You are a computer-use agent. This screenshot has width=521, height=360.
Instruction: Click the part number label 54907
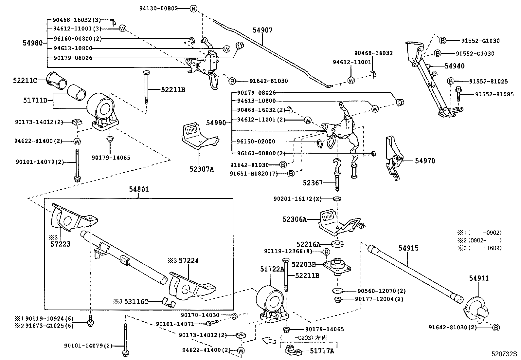[x=262, y=30]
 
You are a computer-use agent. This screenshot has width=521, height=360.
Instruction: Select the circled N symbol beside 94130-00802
[x=193, y=9]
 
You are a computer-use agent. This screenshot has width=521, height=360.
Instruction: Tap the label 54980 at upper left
[x=33, y=43]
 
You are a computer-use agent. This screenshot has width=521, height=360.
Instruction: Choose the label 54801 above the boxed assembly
[x=139, y=189]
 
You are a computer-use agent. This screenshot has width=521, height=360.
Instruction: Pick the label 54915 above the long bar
[x=408, y=248]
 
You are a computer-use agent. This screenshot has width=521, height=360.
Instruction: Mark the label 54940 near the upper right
[x=454, y=66]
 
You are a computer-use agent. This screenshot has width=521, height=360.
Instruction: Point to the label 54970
[x=425, y=161]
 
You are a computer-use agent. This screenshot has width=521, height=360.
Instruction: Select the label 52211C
[x=25, y=80]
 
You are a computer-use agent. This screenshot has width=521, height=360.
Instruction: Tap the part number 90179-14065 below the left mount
[x=111, y=158]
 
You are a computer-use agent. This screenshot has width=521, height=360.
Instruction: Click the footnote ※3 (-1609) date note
[x=479, y=248]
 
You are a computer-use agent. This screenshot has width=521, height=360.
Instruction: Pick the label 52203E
[x=303, y=264]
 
